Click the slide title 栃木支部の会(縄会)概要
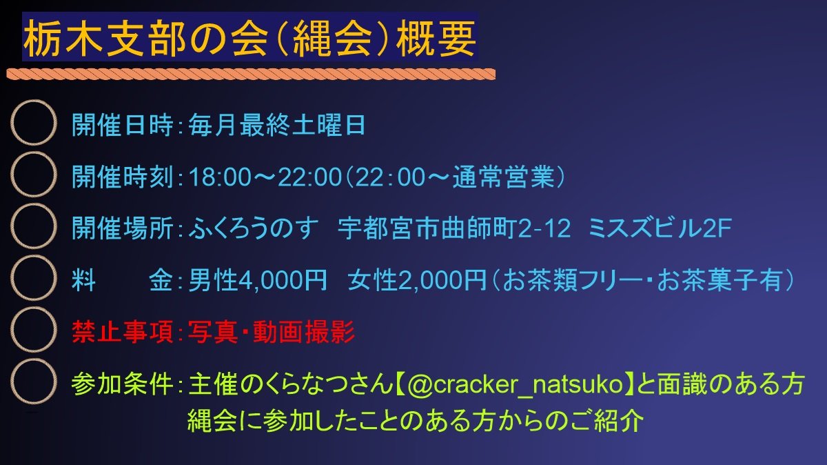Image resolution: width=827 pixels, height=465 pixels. [249, 39]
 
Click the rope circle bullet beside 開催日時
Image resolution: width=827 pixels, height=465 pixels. [32, 123]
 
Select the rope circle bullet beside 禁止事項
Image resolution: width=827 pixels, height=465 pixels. [32, 329]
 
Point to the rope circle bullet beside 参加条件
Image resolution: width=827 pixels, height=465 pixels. [32, 382]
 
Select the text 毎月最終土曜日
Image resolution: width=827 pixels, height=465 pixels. [276, 126]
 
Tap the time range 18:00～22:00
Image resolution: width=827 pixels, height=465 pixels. [265, 177]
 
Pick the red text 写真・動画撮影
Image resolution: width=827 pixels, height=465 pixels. [272, 333]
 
